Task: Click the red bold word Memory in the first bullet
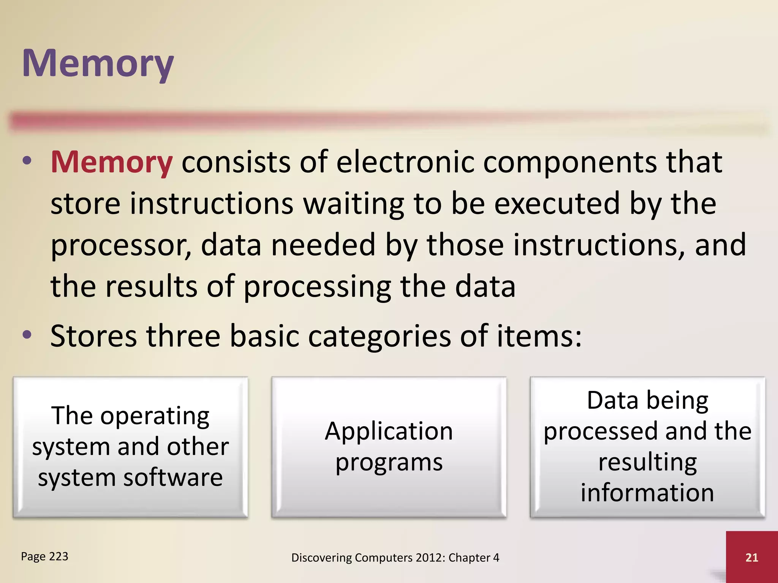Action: click(112, 162)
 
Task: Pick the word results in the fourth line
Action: click(151, 287)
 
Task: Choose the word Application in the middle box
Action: click(389, 432)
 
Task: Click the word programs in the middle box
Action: click(389, 463)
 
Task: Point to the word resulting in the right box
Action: click(647, 462)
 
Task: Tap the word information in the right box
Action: click(647, 493)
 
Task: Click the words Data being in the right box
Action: click(647, 401)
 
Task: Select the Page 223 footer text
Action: click(44, 556)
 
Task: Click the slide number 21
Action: click(751, 557)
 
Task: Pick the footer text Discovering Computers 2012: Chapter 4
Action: click(395, 558)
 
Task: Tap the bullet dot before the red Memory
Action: click(27, 161)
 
